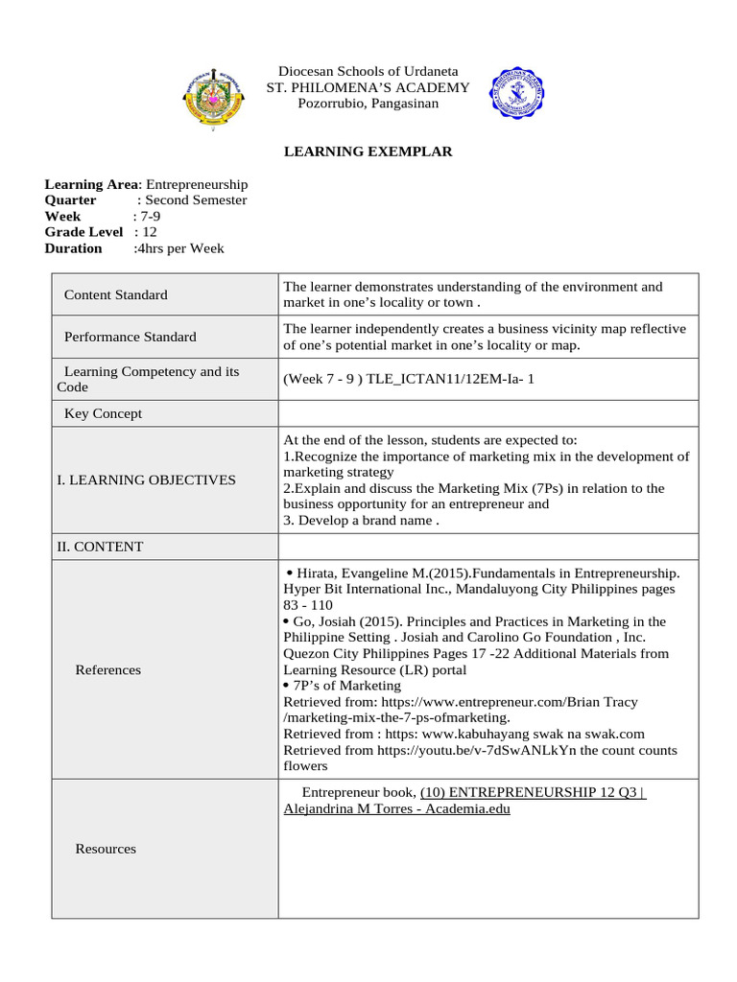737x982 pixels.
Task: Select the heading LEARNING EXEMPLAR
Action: coord(368,152)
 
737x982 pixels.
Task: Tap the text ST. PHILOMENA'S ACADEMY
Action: coord(368,87)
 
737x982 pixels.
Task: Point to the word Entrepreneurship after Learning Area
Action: coord(197,184)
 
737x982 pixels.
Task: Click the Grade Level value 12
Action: coord(150,232)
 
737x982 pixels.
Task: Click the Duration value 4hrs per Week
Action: coord(181,248)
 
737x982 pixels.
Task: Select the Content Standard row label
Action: coord(115,294)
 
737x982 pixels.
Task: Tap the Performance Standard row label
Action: coord(130,337)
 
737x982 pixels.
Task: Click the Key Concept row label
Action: coord(103,413)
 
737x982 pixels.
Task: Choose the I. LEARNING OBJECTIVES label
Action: coord(146,479)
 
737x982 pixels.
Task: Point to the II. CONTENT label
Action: coord(100,547)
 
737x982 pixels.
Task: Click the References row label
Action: coord(107,669)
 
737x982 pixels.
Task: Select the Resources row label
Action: coord(106,849)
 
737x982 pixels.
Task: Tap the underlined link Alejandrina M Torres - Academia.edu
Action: coord(396,809)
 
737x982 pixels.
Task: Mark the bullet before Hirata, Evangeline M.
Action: coord(290,573)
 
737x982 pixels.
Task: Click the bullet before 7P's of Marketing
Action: coord(290,686)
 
